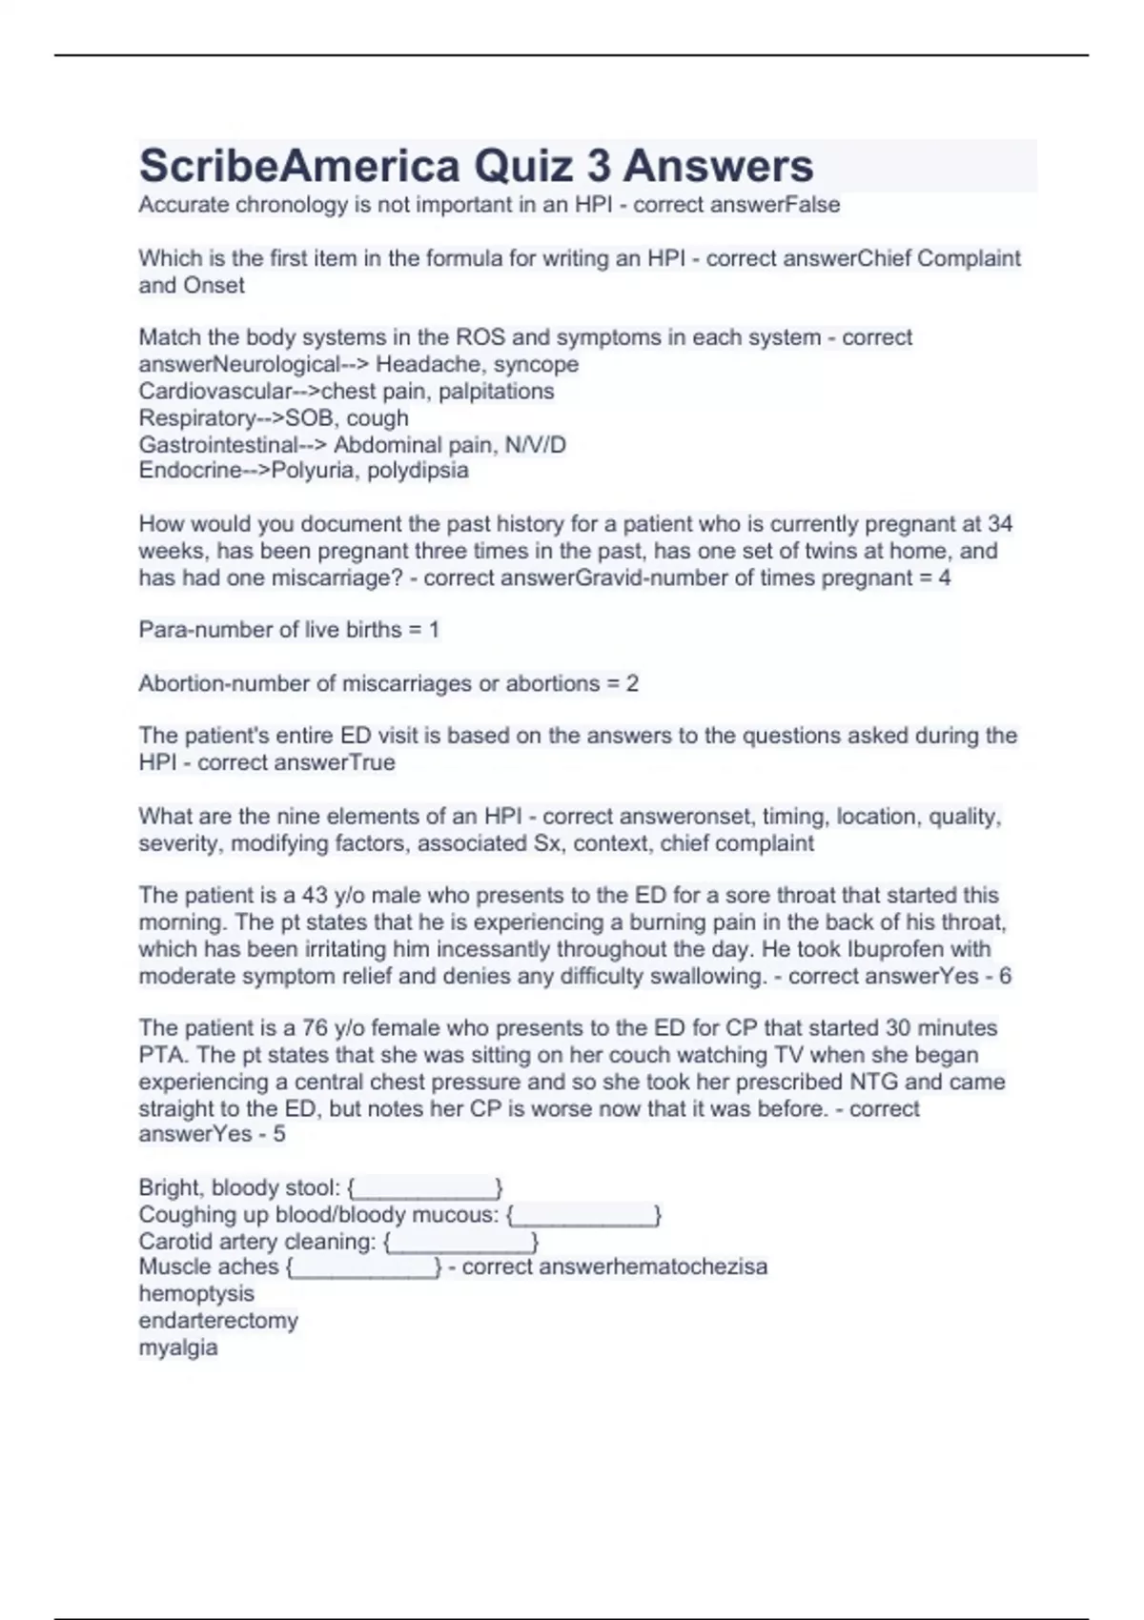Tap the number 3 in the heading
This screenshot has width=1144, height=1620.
point(599,166)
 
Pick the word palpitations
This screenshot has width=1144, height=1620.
point(496,391)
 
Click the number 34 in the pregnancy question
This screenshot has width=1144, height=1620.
point(999,523)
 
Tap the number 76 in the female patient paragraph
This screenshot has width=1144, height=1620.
point(315,1027)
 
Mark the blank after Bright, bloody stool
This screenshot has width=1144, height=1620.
point(425,1188)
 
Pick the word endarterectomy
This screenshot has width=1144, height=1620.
point(218,1320)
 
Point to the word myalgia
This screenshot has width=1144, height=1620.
point(178,1347)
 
